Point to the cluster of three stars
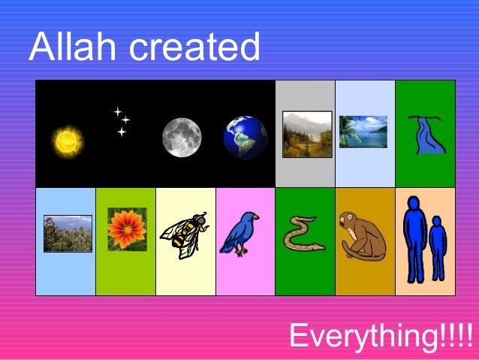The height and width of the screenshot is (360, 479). point(121,121)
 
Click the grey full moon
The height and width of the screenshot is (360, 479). point(182,138)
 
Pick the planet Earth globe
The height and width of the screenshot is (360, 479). point(245,138)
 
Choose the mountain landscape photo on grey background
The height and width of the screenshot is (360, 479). point(306,134)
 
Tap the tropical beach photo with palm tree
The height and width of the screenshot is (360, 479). point(363,132)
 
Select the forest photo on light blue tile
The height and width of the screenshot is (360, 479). point(68,233)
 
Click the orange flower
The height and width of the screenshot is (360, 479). point(126,229)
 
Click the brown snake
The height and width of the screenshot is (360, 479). point(303,234)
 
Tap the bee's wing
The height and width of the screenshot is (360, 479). point(174,227)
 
